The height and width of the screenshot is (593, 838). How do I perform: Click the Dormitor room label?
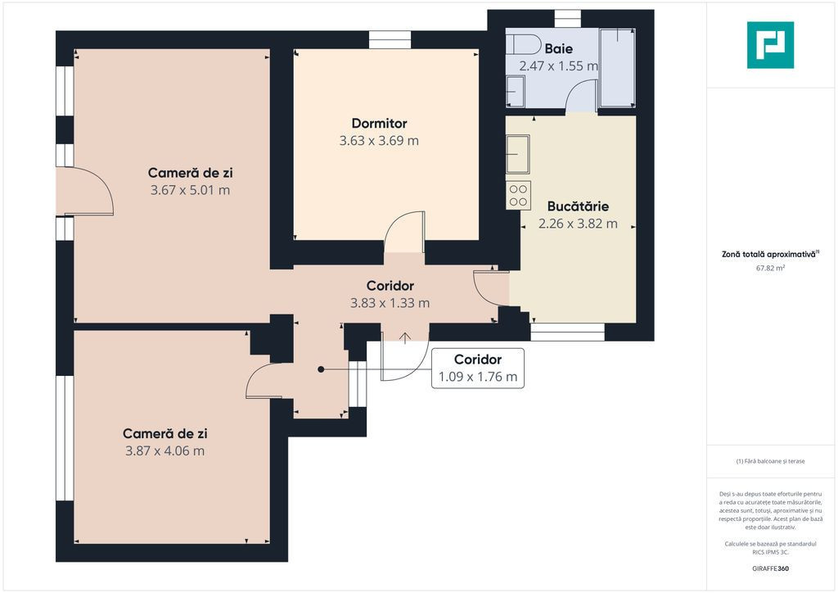tap(379, 124)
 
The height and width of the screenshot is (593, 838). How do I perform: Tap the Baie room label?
tap(558, 48)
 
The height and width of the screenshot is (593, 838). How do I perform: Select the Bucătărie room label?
tap(578, 206)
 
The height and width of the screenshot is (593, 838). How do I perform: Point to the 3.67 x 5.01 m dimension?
tap(190, 190)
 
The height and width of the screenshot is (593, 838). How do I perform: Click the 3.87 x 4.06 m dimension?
tap(164, 450)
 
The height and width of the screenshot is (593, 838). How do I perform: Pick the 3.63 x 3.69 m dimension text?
tap(379, 141)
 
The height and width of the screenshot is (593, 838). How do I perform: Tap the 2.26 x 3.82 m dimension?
tap(578, 224)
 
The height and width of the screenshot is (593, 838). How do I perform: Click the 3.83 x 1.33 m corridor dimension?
tap(390, 303)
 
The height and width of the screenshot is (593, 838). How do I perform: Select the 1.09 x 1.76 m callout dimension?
tap(478, 377)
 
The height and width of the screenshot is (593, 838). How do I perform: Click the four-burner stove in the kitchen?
tap(518, 195)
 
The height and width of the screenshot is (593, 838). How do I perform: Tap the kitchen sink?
tap(518, 154)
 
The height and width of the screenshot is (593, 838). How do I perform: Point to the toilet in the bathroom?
tap(524, 44)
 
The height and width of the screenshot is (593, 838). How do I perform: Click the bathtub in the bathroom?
tap(617, 68)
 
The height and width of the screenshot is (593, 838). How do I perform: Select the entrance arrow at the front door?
tap(405, 338)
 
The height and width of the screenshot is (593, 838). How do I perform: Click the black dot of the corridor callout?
tap(321, 369)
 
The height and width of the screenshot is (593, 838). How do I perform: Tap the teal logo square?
tap(770, 45)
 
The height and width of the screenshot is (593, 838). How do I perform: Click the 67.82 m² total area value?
tap(770, 269)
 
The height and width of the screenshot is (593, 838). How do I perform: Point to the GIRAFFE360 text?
tap(770, 568)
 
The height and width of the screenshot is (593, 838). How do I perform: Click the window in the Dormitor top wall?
tap(390, 40)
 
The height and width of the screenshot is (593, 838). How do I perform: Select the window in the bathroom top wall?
tap(568, 19)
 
